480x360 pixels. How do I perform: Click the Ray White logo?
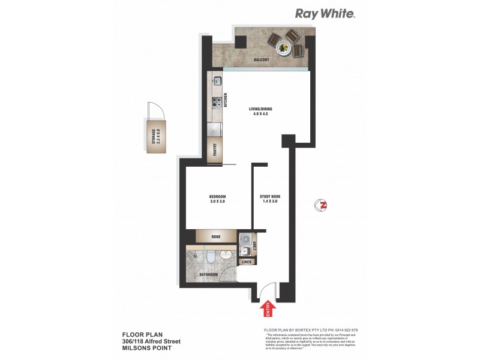[325, 13]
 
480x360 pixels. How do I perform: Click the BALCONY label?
[260, 60]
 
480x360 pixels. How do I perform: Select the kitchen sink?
[217, 80]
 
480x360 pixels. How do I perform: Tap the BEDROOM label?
[217, 197]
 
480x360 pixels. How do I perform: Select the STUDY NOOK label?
[270, 197]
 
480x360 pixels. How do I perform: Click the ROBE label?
[216, 237]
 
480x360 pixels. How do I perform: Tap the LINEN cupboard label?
[247, 262]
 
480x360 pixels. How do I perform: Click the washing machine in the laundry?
[245, 238]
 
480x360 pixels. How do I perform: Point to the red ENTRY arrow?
[266, 309]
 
